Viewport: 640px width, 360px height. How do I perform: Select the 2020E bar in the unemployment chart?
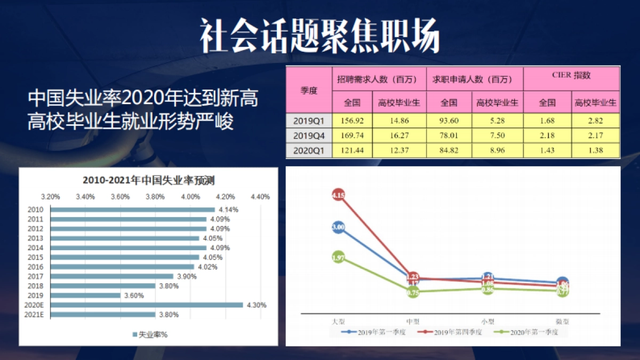147,305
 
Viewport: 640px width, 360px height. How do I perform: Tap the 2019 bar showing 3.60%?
85,295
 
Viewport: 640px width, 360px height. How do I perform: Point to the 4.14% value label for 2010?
228,210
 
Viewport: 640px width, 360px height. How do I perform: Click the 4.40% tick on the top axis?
260,196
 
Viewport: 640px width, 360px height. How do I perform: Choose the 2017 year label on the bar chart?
35,276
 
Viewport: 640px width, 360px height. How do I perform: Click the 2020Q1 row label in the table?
309,151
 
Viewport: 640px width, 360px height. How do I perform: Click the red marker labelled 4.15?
338,196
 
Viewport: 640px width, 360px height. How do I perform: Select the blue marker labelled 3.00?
338,227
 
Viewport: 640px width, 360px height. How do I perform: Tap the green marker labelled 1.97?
338,258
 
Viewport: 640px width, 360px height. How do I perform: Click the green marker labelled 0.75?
413,292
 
